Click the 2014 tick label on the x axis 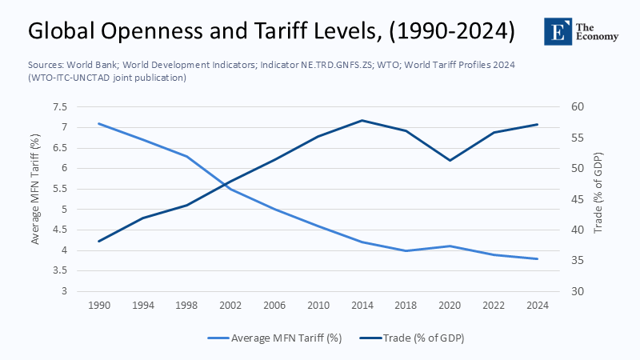point(362,306)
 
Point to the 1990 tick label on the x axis point(99,306)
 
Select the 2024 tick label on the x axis point(538,306)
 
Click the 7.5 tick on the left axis point(60,107)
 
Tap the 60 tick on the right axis point(578,107)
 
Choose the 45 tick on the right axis point(578,199)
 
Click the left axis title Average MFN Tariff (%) point(35,198)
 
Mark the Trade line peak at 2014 point(362,120)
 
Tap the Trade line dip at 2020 point(450,160)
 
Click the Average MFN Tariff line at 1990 point(99,123)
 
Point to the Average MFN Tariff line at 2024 point(538,258)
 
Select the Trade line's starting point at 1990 point(99,241)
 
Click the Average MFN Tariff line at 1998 point(187,156)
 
